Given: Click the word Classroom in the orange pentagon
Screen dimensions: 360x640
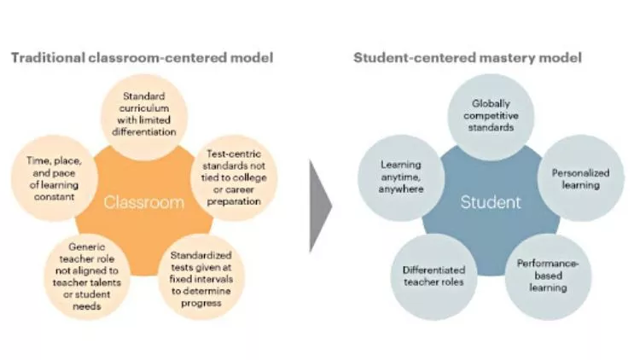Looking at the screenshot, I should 143,203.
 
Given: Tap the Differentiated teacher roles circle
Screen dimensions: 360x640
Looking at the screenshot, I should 433,275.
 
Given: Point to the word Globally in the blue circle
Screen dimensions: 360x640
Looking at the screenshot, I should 492,102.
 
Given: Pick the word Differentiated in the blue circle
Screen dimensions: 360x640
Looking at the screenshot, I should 433,269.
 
